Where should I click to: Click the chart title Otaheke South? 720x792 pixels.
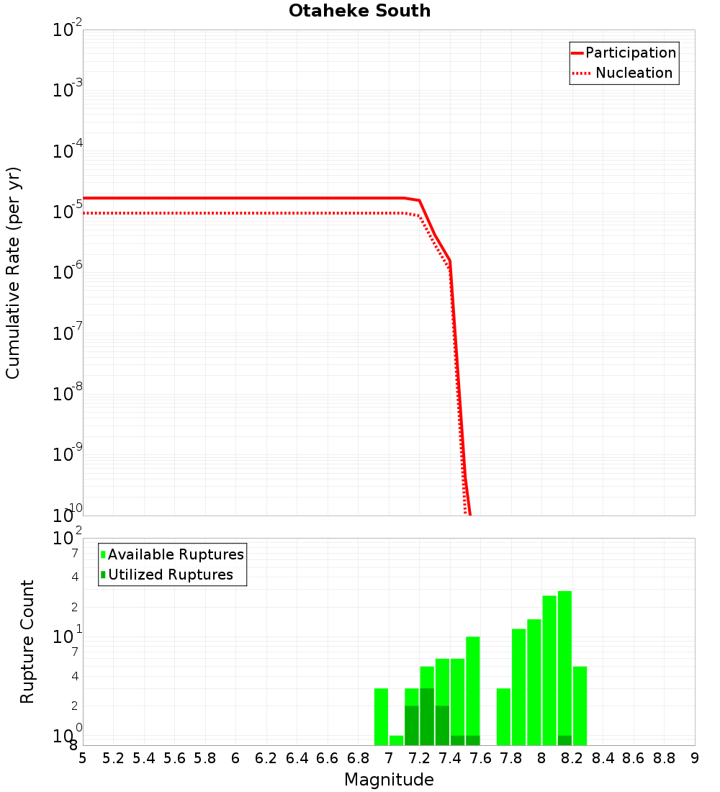point(359,11)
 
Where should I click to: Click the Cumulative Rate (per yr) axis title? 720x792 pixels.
point(13,272)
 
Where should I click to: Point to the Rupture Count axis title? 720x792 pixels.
point(27,642)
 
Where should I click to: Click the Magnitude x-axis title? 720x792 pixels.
point(389,780)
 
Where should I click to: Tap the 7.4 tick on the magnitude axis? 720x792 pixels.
point(450,758)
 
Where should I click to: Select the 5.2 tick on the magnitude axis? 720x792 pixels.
point(114,758)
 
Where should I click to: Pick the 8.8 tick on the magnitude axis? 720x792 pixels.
point(664,758)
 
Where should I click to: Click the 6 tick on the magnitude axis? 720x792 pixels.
point(235,758)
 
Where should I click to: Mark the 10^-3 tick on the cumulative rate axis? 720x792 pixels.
point(68,90)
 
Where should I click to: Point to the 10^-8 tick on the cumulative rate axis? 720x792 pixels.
point(68,393)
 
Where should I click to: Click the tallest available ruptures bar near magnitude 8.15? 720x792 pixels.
point(564,662)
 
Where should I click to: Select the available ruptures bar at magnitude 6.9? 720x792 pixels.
point(381,716)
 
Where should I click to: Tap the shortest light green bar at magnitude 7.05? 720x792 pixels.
point(396,740)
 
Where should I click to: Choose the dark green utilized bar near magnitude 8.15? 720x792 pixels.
point(564,740)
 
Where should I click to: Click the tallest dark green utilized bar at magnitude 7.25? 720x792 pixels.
point(427,716)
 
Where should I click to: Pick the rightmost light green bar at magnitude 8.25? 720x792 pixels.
point(580,706)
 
